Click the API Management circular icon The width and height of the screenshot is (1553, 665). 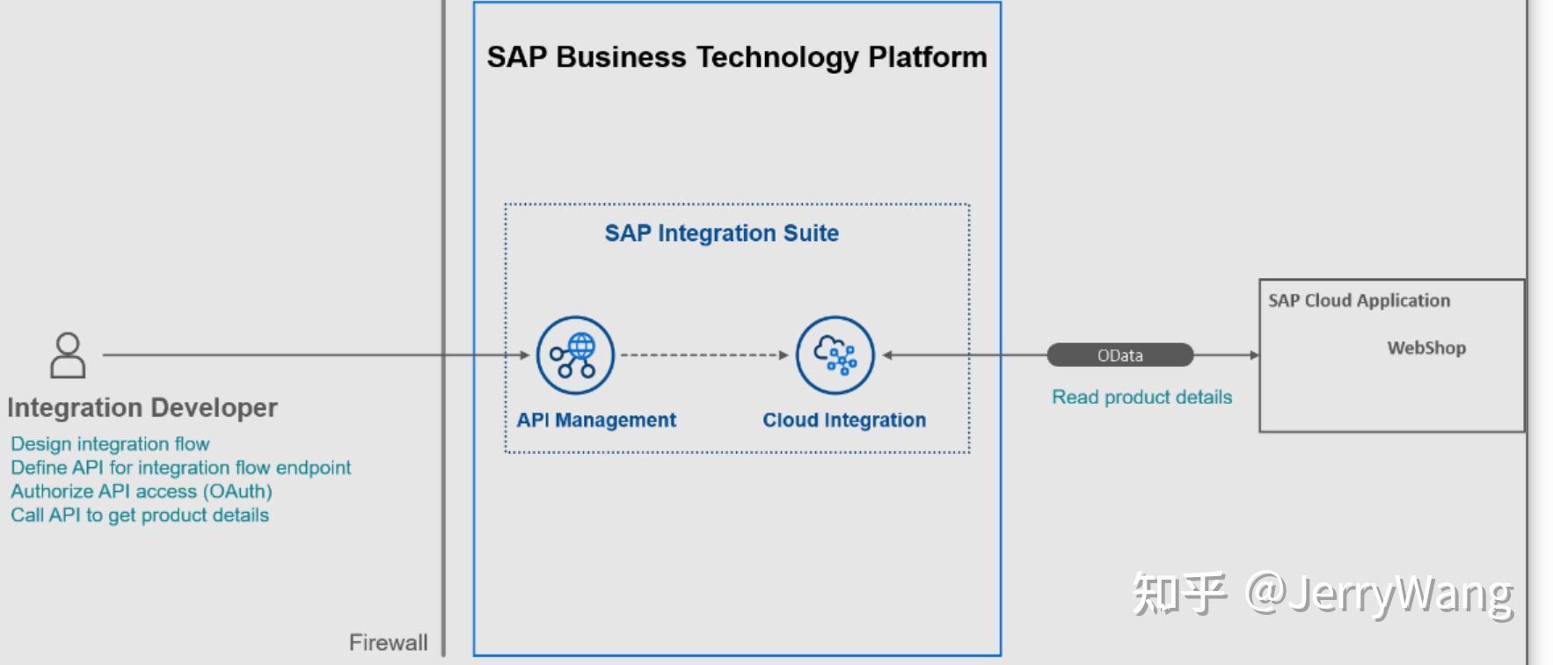[x=575, y=355]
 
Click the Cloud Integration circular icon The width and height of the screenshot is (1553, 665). [x=835, y=355]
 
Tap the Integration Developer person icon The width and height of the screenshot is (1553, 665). [x=68, y=355]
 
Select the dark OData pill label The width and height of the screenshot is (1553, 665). [x=1119, y=355]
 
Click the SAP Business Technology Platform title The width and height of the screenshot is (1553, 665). [x=737, y=57]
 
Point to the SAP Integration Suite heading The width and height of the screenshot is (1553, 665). [x=721, y=233]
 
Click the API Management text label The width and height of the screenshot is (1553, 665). [x=596, y=420]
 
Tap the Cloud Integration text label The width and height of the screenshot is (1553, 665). [x=844, y=420]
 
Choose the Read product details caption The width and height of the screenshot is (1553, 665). [x=1141, y=397]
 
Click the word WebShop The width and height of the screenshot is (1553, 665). [x=1425, y=348]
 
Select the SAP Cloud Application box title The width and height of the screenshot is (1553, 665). [x=1359, y=301]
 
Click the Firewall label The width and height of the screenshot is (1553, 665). [x=388, y=642]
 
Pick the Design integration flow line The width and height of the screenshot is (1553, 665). [x=110, y=444]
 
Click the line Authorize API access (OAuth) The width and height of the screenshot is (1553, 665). [x=141, y=492]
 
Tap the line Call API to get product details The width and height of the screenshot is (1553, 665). [x=140, y=515]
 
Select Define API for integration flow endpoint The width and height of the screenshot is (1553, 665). [x=180, y=468]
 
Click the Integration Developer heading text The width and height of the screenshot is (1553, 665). [x=142, y=408]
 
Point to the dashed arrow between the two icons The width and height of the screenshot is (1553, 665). [x=704, y=355]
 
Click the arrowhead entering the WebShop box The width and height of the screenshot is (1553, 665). [x=1254, y=355]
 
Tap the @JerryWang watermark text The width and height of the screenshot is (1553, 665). [x=1379, y=594]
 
